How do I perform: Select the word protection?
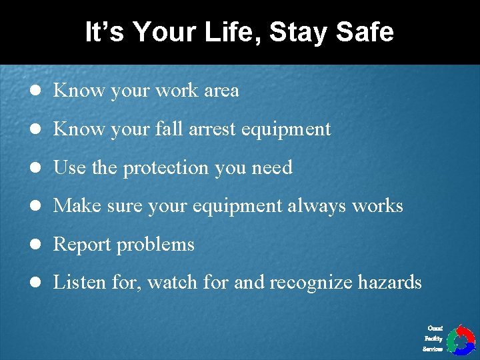pyautogui.click(x=166, y=167)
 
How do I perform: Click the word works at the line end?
pyautogui.click(x=378, y=205)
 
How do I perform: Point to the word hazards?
pyautogui.click(x=390, y=282)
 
